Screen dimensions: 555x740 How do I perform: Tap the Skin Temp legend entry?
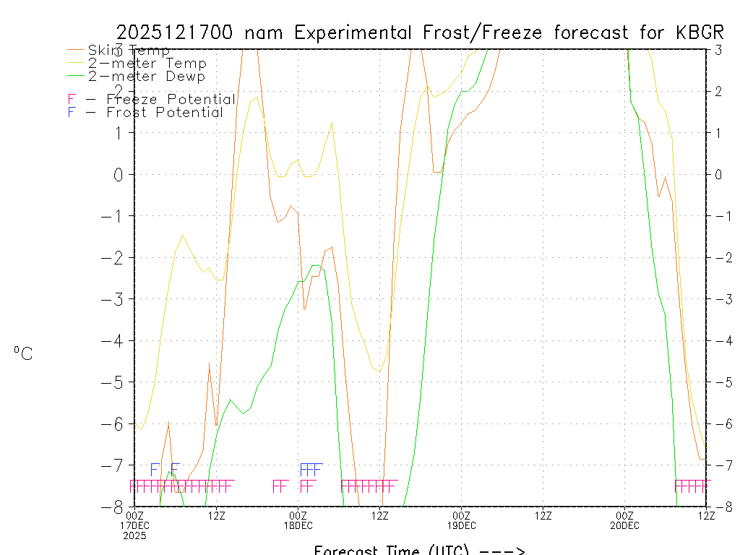click(129, 51)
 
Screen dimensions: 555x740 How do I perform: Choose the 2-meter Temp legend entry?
click(147, 64)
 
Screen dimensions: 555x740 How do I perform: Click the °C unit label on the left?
click(23, 353)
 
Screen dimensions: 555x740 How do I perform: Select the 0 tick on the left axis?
click(120, 174)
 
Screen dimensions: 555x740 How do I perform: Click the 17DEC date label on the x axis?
click(135, 525)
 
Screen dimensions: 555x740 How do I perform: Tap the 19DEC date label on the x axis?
click(462, 525)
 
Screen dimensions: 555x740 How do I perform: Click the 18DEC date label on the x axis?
click(298, 525)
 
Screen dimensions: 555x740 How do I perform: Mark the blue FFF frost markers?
click(311, 469)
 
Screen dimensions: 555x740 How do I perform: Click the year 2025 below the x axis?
click(134, 535)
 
